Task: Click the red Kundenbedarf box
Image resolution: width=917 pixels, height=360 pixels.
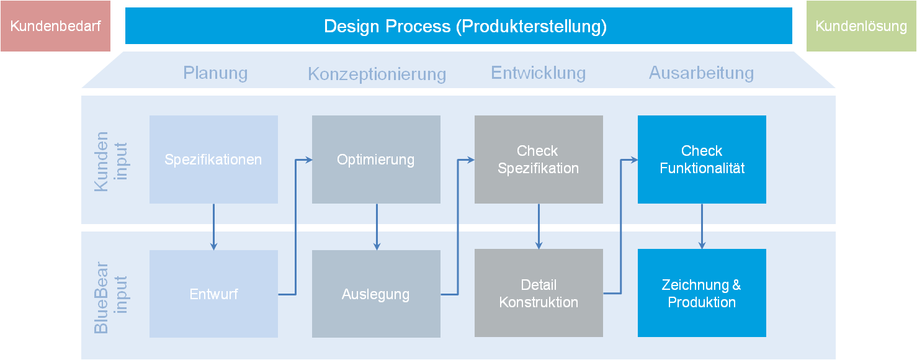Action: (x=55, y=26)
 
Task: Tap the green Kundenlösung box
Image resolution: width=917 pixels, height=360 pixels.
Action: (x=861, y=26)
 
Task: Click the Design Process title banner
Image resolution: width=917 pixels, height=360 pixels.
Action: (x=458, y=26)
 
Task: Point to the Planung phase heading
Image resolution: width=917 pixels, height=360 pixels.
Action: (x=215, y=73)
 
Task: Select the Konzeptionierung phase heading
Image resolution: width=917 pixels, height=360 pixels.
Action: (x=377, y=74)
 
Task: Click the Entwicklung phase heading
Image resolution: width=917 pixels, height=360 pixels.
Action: (x=539, y=73)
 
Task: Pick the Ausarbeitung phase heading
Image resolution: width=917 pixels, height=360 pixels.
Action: (x=701, y=73)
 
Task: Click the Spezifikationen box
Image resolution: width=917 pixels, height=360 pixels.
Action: (x=213, y=160)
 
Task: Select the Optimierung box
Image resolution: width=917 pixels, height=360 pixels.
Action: (x=376, y=160)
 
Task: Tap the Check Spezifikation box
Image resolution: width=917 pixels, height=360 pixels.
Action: (x=539, y=160)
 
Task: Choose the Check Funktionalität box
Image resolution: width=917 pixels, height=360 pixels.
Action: (x=702, y=160)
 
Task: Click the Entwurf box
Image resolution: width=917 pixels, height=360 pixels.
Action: (x=213, y=294)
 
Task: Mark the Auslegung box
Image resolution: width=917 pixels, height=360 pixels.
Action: (x=376, y=294)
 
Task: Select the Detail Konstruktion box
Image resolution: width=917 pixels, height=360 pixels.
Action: (x=539, y=293)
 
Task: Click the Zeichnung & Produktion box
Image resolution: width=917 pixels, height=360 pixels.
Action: (x=702, y=293)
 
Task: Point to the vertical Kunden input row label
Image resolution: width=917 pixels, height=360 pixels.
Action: (x=110, y=161)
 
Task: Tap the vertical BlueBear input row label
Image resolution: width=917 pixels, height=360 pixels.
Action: (x=110, y=298)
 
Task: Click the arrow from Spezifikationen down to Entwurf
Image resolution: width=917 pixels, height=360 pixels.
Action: (x=213, y=227)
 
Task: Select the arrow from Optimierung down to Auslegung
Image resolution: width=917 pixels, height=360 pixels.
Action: (x=377, y=227)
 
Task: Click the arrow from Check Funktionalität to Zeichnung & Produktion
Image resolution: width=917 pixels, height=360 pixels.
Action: (x=702, y=227)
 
